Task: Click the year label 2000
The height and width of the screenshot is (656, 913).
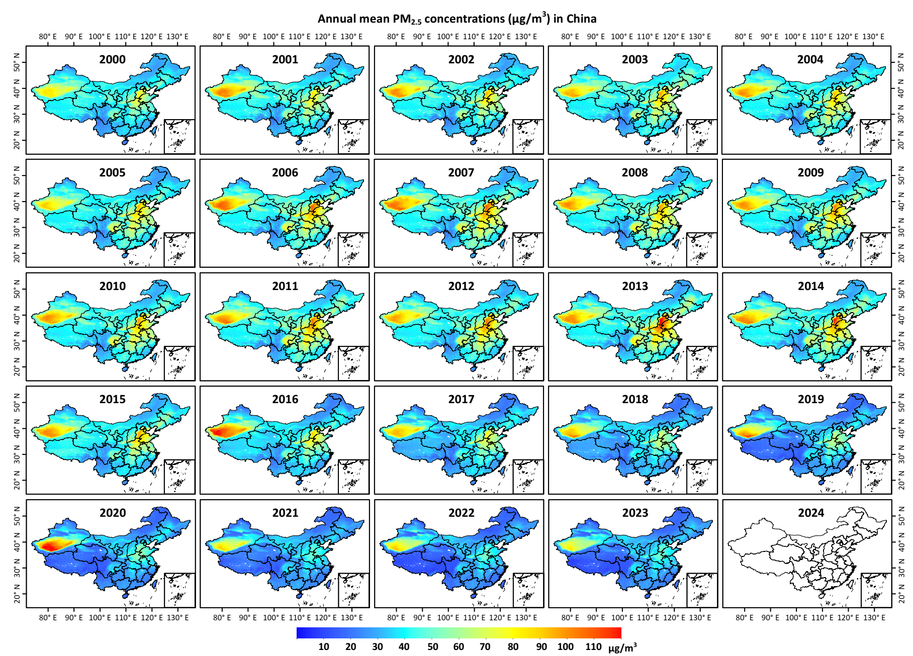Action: [112, 59]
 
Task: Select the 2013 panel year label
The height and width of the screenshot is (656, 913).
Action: [635, 286]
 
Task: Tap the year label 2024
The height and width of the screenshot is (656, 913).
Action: [810, 513]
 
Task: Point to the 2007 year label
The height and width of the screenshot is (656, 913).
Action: [461, 172]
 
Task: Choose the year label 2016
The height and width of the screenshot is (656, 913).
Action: [285, 399]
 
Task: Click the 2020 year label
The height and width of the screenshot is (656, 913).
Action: [112, 513]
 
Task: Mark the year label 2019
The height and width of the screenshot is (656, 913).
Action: [810, 399]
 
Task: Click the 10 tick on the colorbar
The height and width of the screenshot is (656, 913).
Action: [324, 646]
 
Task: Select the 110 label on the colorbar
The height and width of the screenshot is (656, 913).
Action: [593, 646]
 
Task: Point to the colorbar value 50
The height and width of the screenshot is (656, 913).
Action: [432, 646]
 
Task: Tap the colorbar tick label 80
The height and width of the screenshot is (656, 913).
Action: [513, 646]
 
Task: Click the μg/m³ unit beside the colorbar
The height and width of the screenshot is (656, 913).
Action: [622, 647]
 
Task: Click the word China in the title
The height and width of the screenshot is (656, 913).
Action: [581, 19]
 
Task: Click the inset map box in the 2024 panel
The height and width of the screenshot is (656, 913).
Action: [876, 590]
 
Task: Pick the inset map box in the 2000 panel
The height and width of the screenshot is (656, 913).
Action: [179, 136]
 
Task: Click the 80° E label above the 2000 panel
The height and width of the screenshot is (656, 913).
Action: [48, 37]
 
